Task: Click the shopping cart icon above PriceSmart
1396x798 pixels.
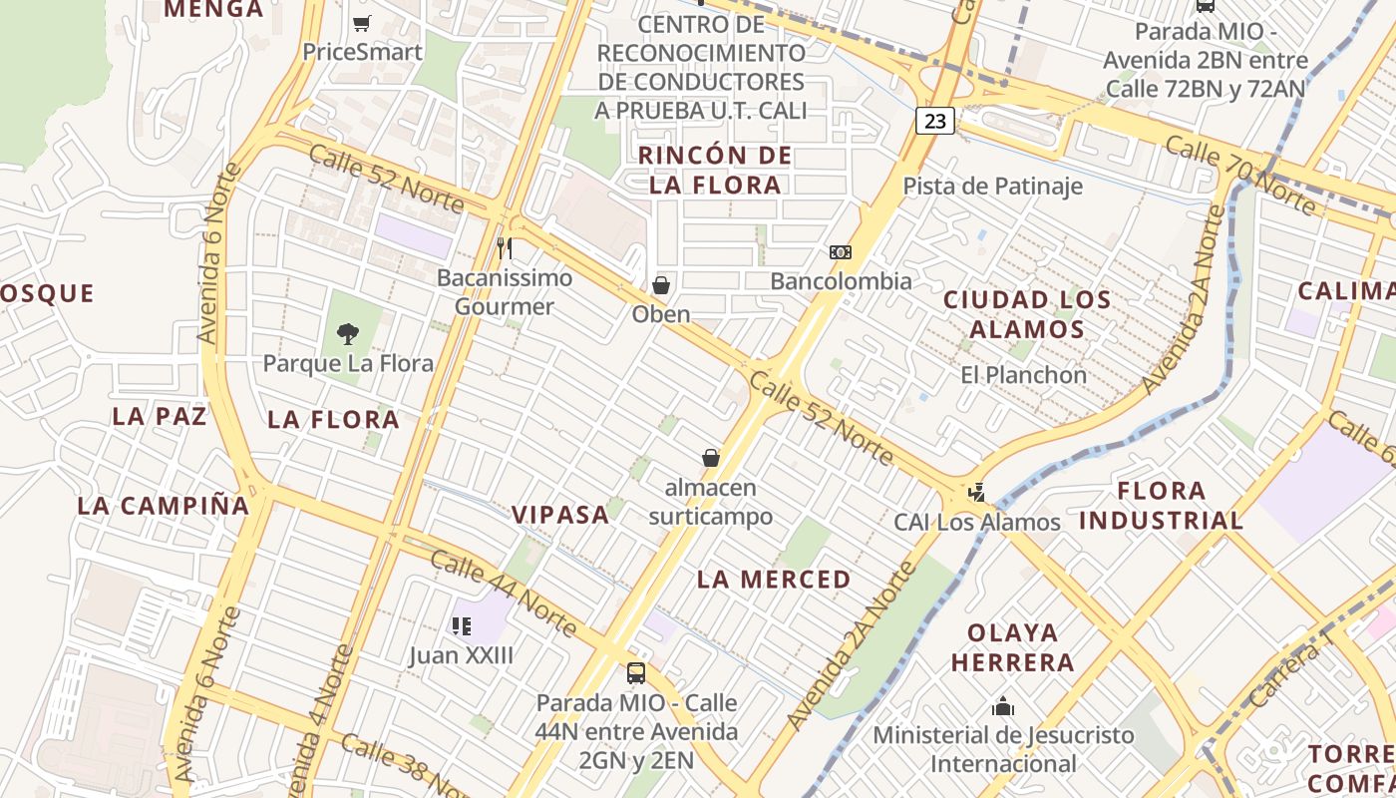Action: (362, 23)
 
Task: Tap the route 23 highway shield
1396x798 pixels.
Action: (935, 121)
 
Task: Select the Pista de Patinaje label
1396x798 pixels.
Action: (992, 186)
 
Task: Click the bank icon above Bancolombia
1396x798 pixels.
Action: (841, 252)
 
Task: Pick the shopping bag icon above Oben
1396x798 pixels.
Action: (660, 285)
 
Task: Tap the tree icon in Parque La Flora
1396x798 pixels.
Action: (348, 333)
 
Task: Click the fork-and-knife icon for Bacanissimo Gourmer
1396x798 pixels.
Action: (505, 247)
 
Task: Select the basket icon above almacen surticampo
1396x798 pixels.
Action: (711, 458)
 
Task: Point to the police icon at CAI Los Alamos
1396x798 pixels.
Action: (976, 493)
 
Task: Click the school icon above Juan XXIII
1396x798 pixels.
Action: (461, 625)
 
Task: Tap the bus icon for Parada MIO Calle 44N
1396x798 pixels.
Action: (636, 673)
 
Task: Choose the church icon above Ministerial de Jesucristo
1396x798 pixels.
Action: (1003, 707)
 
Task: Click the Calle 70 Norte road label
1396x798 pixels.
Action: (1240, 176)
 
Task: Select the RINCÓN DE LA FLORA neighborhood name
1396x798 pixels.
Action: (715, 170)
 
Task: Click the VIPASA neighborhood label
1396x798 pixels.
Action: (560, 515)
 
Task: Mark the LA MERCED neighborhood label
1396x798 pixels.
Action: (774, 580)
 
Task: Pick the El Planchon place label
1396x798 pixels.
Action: (1023, 375)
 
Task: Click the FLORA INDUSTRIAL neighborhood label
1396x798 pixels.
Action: (1162, 506)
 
